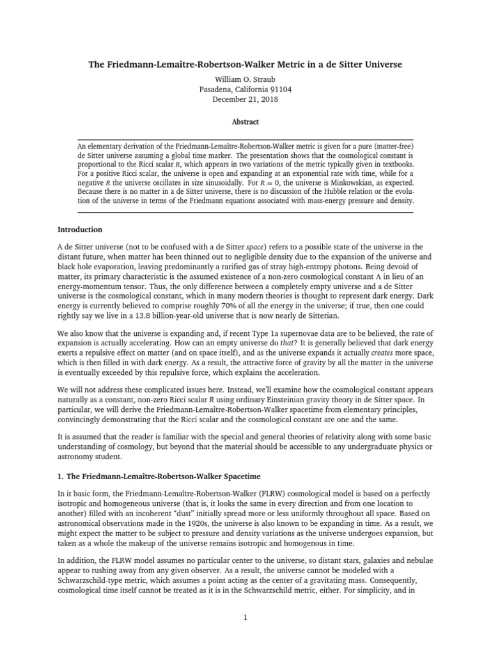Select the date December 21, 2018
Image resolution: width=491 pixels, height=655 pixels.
pyautogui.click(x=245, y=99)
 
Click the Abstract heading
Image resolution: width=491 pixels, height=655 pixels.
pyautogui.click(x=245, y=122)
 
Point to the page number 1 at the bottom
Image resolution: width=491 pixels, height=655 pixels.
pyautogui.click(x=245, y=617)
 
